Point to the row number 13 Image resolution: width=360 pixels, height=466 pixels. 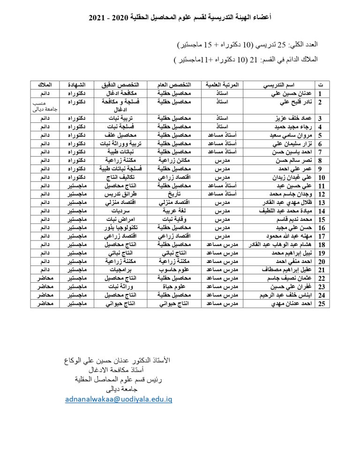(x=322, y=203)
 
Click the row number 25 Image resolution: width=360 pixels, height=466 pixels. (x=322, y=304)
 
